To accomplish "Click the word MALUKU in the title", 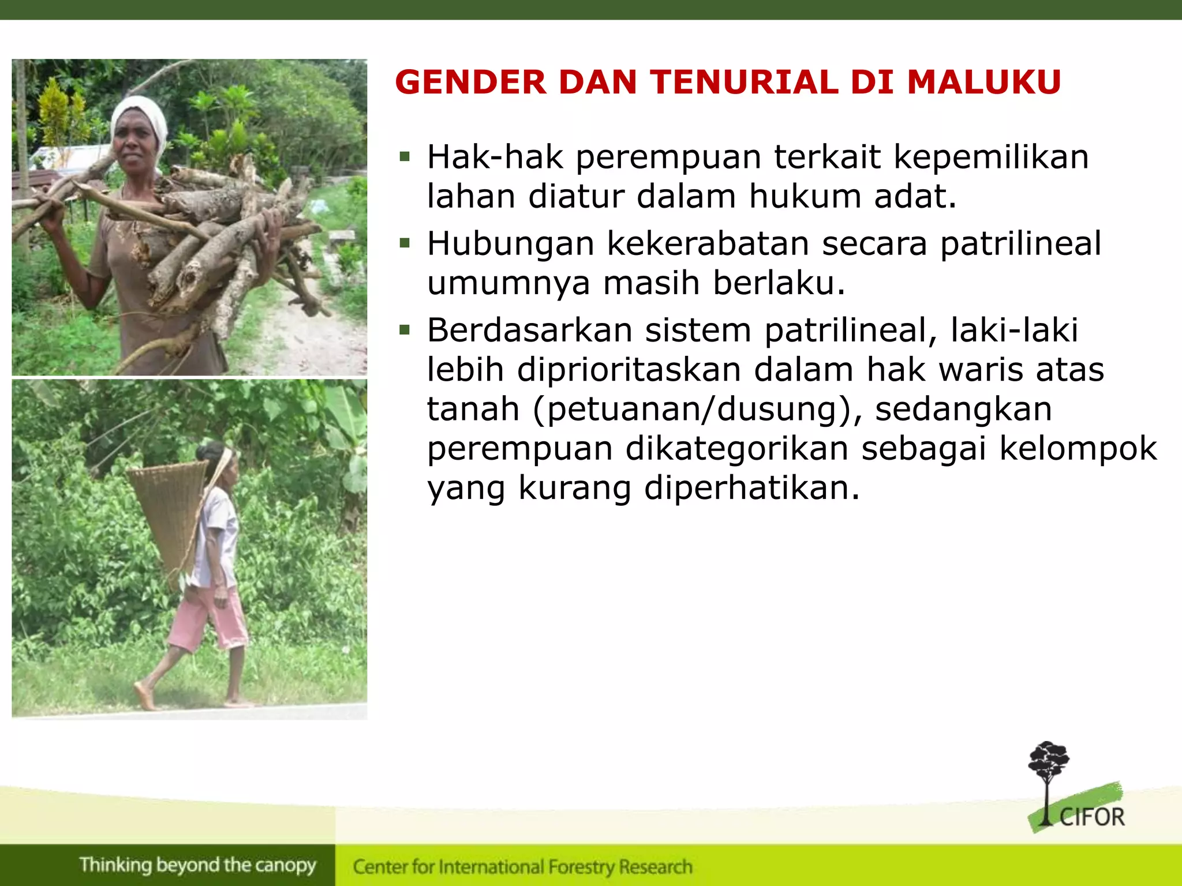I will point(983,82).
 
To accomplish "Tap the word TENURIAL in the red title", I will point(745,82).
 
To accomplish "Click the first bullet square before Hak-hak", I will point(405,156).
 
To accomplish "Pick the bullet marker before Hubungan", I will point(405,243).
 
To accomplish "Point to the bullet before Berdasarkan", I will point(405,330).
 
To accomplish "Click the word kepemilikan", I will point(991,157).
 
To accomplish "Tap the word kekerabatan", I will point(708,243).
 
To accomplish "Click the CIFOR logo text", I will point(1092,817).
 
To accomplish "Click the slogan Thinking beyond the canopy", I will point(198,865).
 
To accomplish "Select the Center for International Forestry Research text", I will point(522,866).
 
